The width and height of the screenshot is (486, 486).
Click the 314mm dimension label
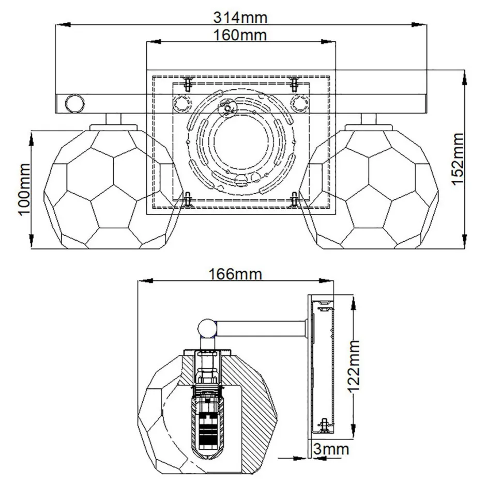pyautogui.click(x=240, y=17)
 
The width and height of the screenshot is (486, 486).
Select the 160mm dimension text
pyautogui.click(x=240, y=35)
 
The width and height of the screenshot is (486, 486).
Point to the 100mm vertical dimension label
pyautogui.click(x=23, y=190)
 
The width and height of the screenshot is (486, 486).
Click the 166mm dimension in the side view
pyautogui.click(x=235, y=274)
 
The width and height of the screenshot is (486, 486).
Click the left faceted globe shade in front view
pyautogui.click(x=112, y=189)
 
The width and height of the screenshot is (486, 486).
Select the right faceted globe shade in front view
pyautogui.click(x=369, y=189)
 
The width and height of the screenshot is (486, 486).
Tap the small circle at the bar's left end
pyautogui.click(x=73, y=103)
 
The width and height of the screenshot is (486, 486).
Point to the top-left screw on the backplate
pyautogui.click(x=188, y=83)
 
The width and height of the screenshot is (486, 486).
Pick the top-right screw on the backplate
pyautogui.click(x=294, y=83)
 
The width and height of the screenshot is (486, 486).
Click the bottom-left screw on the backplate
pyautogui.click(x=188, y=199)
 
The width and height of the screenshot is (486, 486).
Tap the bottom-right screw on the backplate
pyautogui.click(x=294, y=199)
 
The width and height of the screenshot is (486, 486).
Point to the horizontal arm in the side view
pyautogui.click(x=261, y=327)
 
